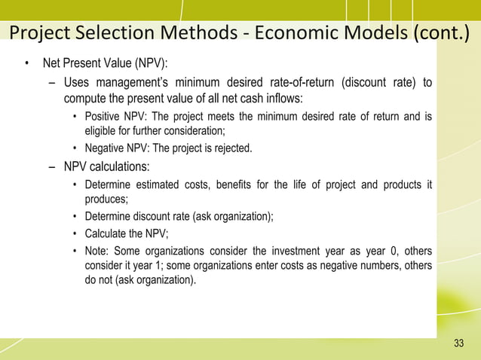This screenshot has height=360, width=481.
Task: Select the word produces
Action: pos(105,199)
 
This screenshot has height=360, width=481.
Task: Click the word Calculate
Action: pos(106,233)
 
